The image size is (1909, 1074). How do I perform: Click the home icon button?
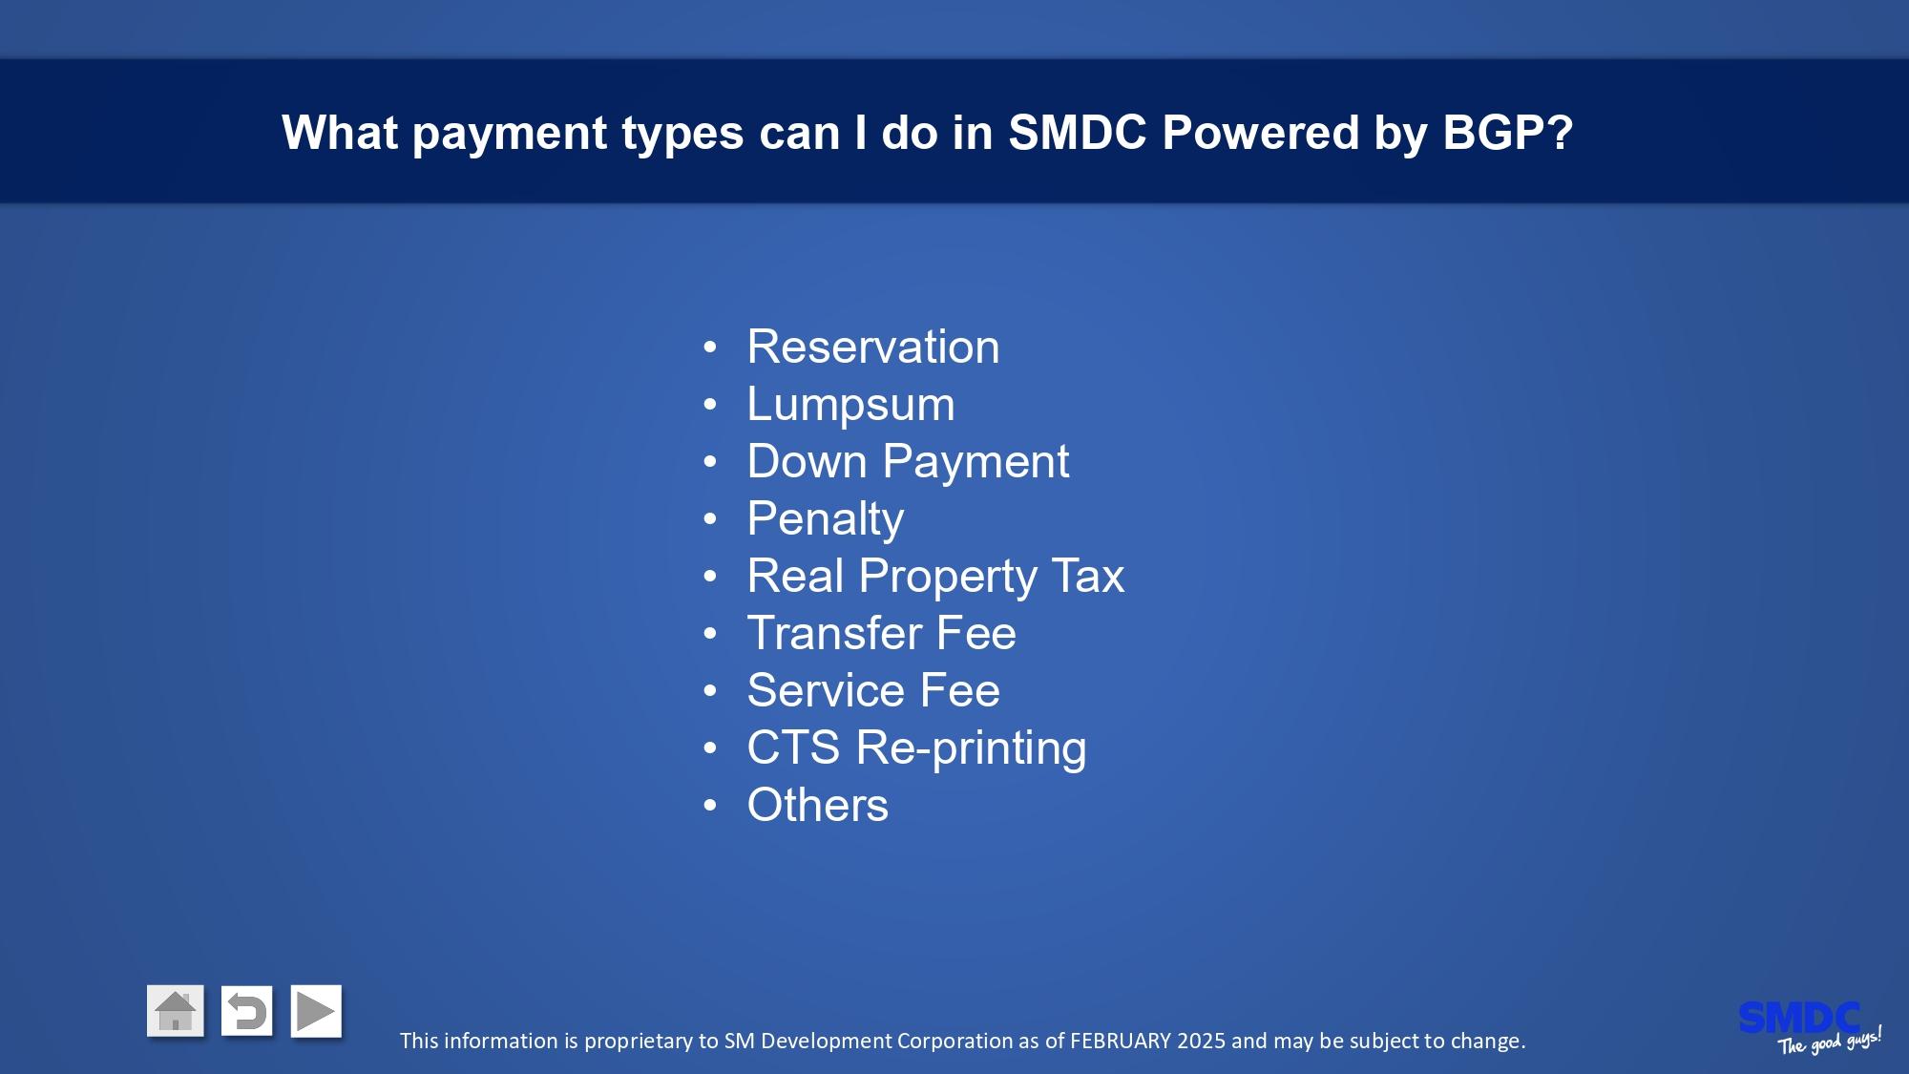point(176,1011)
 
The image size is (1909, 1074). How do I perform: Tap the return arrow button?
point(246,1011)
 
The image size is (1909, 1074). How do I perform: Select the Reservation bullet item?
point(873,347)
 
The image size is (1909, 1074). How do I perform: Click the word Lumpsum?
point(850,404)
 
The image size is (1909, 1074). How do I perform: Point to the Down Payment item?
point(908,461)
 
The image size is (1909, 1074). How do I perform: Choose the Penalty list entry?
point(825,518)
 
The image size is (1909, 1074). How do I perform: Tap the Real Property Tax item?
point(935,576)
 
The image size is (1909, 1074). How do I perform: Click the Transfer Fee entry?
point(881,633)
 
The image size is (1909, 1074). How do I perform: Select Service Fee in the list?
point(873,690)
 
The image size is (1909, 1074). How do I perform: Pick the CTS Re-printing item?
point(916,748)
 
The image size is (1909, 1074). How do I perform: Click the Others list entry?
point(817,805)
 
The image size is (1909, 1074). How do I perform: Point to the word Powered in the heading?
point(1260,132)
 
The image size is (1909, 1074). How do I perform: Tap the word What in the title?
point(340,132)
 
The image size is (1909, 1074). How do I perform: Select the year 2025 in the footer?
point(1201,1041)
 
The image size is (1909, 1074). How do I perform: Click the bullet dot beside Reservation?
point(709,347)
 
